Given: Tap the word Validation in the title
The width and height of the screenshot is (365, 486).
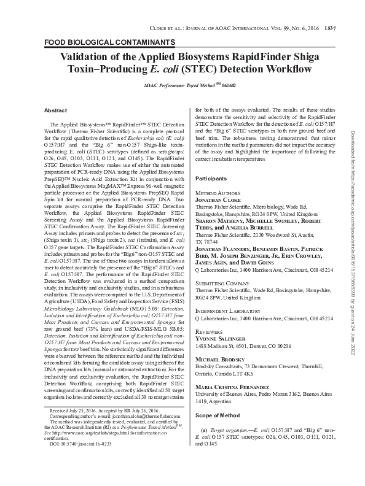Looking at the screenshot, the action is click(x=93, y=56).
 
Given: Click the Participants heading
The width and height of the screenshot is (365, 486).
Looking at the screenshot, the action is click(x=212, y=179).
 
